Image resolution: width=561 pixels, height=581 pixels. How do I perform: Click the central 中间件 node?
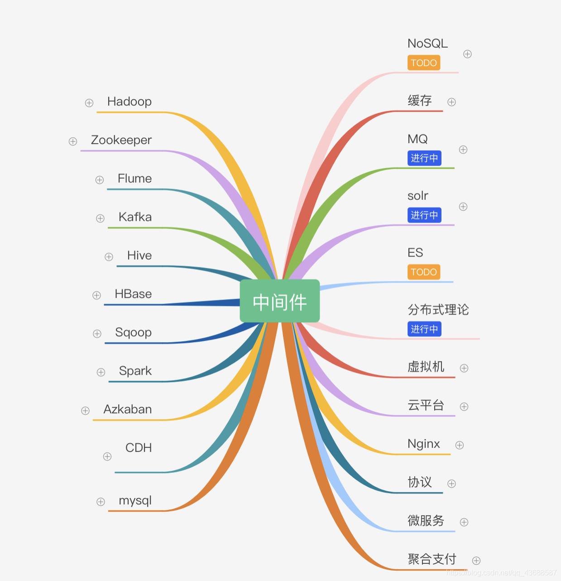coord(280,301)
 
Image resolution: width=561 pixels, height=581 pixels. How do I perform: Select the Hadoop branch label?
coord(129,102)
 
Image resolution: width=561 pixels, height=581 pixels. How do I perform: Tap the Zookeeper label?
coord(121,140)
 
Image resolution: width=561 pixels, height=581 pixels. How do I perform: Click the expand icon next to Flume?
coord(100,180)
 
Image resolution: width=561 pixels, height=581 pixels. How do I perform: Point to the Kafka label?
coord(135,217)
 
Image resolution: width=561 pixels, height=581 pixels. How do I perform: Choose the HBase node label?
coord(133,294)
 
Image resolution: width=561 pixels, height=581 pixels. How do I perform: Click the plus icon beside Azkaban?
coord(85,411)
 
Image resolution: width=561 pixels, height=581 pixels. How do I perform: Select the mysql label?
coord(135,500)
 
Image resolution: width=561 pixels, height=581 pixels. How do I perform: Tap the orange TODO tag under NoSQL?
coord(424,63)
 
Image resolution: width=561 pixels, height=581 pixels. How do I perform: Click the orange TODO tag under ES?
coord(424,272)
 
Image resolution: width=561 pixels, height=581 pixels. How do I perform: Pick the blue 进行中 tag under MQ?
coord(424,158)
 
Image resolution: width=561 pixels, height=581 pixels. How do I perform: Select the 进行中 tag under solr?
coord(424,215)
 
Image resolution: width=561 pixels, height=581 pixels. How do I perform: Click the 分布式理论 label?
coord(438,310)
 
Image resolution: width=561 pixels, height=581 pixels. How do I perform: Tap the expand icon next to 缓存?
coord(451,102)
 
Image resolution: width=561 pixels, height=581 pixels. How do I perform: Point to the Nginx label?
coord(424,444)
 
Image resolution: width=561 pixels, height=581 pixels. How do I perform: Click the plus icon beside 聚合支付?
coord(476,561)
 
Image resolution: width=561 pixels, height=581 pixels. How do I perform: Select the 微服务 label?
coord(426,521)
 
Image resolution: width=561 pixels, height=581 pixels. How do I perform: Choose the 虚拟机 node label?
coord(426,367)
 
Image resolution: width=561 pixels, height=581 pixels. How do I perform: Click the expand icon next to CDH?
coord(107,456)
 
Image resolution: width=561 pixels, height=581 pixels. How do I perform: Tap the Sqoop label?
coord(133,333)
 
